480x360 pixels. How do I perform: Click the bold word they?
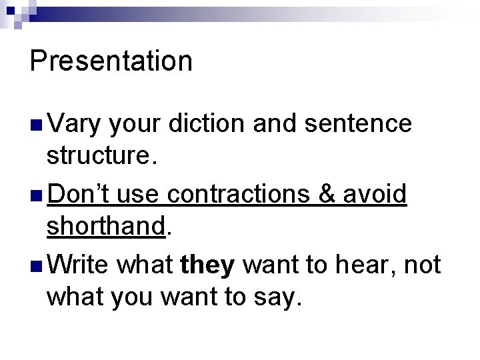coord(207,265)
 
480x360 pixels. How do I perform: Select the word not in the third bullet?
coord(423,265)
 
